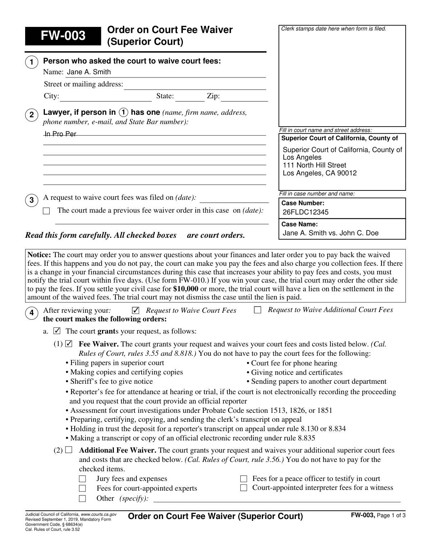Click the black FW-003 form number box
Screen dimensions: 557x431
[x=63, y=36]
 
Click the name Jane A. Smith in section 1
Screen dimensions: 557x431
[x=89, y=72]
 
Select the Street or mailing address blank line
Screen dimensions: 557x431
[x=195, y=85]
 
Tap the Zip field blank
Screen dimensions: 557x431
[x=246, y=97]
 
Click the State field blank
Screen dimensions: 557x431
[x=190, y=97]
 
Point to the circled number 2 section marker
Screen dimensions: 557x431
[x=32, y=115]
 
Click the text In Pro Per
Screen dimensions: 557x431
[x=60, y=134]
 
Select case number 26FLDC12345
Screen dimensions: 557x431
[x=306, y=212]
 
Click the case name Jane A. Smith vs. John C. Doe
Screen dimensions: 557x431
[x=330, y=233]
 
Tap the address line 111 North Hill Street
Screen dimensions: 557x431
[x=315, y=165]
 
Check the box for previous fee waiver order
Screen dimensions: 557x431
[x=46, y=211]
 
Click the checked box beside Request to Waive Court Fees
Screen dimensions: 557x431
[x=135, y=310]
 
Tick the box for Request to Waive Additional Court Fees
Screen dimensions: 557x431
[x=258, y=310]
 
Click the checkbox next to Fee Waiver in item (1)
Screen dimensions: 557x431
[x=69, y=344]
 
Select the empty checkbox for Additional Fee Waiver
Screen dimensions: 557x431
[x=69, y=450]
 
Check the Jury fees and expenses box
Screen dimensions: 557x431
[x=83, y=479]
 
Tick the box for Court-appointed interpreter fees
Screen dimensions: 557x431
[x=244, y=488]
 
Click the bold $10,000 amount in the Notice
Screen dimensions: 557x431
[x=185, y=289]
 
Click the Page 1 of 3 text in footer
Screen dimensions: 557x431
[x=391, y=516]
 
